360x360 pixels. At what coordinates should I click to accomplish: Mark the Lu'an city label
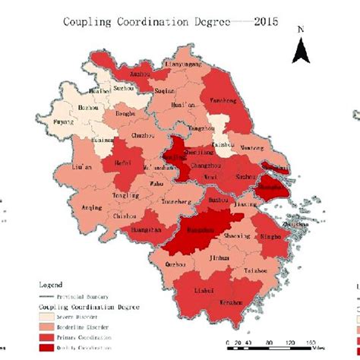tap(82, 166)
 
